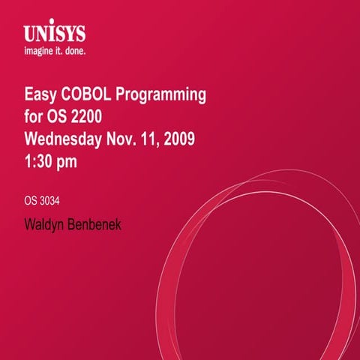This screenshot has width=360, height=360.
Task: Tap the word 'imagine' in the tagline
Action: click(x=40, y=52)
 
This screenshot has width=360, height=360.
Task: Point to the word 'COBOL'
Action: click(x=89, y=95)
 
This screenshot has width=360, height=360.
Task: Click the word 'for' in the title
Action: click(x=34, y=117)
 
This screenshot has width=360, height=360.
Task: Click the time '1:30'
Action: click(x=40, y=160)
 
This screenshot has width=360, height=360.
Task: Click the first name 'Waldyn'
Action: click(x=47, y=223)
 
